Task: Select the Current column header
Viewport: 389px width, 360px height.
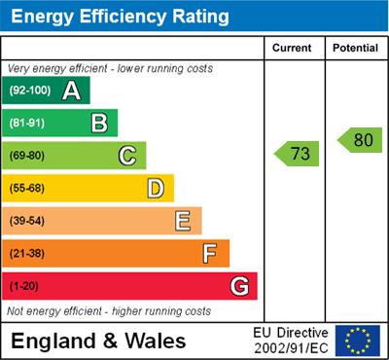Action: (292, 48)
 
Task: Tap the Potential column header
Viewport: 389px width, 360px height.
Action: (355, 48)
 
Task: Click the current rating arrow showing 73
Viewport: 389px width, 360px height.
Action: (298, 154)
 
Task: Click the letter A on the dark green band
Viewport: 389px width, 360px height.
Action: (71, 91)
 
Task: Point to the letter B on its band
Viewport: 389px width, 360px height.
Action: (99, 123)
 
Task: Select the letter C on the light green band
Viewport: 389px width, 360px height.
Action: (127, 155)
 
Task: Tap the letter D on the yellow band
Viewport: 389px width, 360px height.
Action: (156, 188)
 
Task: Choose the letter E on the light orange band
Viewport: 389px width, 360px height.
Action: (183, 221)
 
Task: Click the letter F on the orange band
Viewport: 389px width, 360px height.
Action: (210, 254)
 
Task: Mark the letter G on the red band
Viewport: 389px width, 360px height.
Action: (239, 287)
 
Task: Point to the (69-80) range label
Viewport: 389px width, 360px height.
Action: (28, 156)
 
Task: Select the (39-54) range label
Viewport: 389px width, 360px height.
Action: (28, 222)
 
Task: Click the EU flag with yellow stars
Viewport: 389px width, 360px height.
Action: (358, 341)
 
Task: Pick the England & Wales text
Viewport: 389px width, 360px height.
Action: (97, 342)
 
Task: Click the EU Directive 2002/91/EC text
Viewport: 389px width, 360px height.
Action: (291, 341)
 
